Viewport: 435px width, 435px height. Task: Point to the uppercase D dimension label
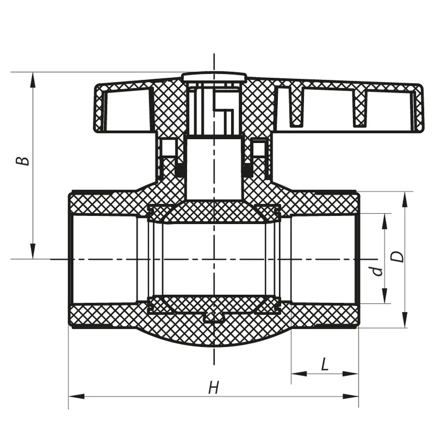[397, 256]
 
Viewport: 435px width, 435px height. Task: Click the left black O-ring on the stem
[180, 170]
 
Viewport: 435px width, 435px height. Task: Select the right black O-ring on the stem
[247, 170]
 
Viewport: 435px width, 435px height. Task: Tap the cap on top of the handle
[214, 77]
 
